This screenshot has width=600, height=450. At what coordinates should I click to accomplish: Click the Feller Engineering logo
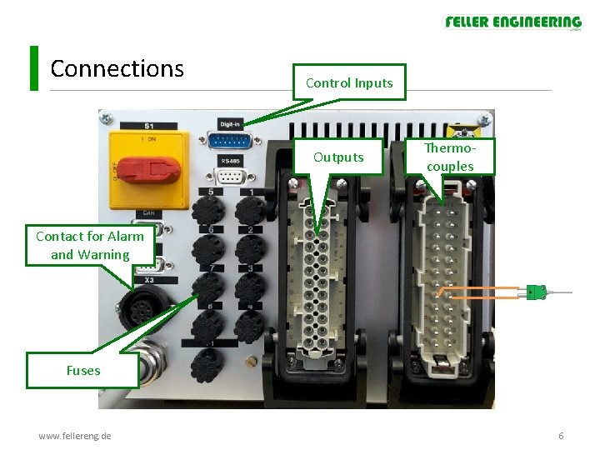click(512, 22)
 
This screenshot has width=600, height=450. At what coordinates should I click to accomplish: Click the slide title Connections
click(117, 68)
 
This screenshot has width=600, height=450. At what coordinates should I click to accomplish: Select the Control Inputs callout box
click(348, 82)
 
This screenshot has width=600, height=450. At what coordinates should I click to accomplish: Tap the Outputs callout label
click(338, 157)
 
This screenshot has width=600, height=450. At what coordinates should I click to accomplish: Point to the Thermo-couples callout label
click(449, 157)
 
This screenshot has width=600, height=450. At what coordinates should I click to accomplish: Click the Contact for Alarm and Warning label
click(90, 245)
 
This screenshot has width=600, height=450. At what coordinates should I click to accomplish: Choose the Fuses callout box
click(82, 370)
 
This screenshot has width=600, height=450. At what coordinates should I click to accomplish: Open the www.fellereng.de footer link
click(75, 436)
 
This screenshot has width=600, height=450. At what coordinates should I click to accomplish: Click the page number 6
click(561, 436)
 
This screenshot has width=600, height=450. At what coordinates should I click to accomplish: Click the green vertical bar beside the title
click(34, 68)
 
